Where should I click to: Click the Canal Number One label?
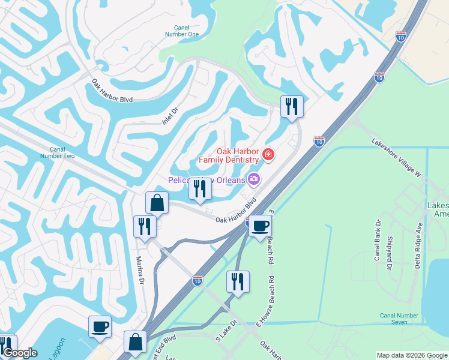click(185, 31)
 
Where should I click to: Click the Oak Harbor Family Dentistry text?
click(229, 156)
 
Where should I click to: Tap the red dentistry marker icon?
click(267, 156)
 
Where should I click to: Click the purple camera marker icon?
click(254, 179)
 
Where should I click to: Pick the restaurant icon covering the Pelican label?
click(199, 189)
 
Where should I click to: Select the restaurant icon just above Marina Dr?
click(145, 226)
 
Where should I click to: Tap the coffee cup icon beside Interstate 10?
click(260, 226)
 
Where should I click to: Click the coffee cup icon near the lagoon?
click(100, 326)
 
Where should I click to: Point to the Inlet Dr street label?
click(171, 115)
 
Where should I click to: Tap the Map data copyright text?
click(411, 355)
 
